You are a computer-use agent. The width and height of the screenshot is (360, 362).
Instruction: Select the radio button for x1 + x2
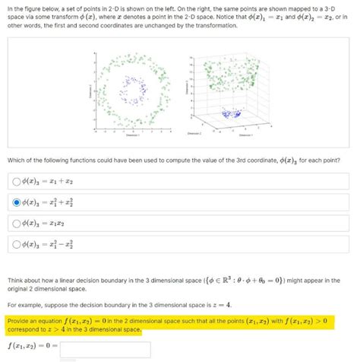coord(15,181)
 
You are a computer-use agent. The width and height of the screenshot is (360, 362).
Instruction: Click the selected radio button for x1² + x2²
coord(15,202)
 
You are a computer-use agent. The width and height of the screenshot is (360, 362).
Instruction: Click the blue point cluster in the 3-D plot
coord(229,114)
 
